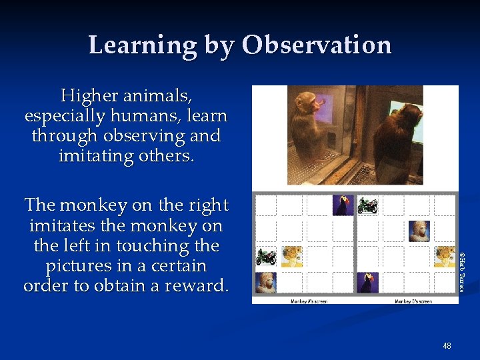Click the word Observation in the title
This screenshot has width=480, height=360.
pyautogui.click(x=317, y=45)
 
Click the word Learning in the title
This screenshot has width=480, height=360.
pyautogui.click(x=142, y=45)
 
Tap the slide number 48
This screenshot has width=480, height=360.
pyautogui.click(x=447, y=346)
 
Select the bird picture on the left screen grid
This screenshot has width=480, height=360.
pyautogui.click(x=343, y=205)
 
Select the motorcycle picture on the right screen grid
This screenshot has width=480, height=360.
pyautogui.click(x=367, y=205)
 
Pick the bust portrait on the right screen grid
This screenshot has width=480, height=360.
pyautogui.click(x=419, y=231)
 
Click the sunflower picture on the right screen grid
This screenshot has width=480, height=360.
pyautogui.click(x=444, y=257)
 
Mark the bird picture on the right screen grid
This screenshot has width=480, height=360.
pyautogui.click(x=367, y=282)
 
